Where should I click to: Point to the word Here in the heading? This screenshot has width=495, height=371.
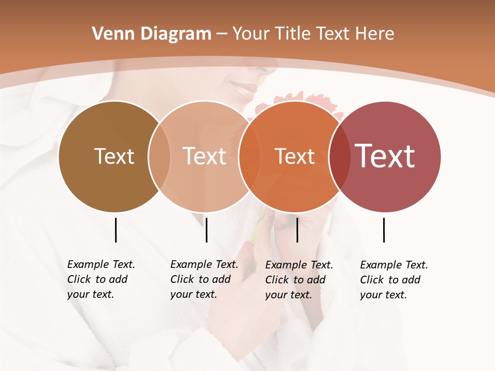[x=376, y=34]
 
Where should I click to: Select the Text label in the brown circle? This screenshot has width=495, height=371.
[x=114, y=156]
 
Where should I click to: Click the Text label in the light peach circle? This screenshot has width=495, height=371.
[x=205, y=156]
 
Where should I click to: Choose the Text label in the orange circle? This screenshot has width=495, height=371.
[x=294, y=156]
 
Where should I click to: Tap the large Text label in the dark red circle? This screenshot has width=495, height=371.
[x=385, y=156]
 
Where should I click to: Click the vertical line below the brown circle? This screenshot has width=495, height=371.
[x=115, y=230]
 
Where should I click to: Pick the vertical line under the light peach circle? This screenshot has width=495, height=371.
[x=206, y=230]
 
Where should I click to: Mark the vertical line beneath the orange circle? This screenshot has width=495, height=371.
[x=297, y=230]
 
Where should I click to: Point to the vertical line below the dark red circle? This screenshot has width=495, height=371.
[x=384, y=230]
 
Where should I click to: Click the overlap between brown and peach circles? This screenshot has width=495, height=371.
[x=159, y=156]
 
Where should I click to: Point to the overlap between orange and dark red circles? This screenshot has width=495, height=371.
[x=340, y=156]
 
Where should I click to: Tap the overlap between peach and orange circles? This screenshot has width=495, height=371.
[x=250, y=156]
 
